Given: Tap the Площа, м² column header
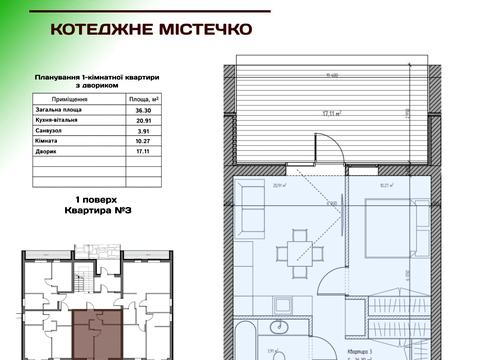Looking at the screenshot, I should coord(146,100).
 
